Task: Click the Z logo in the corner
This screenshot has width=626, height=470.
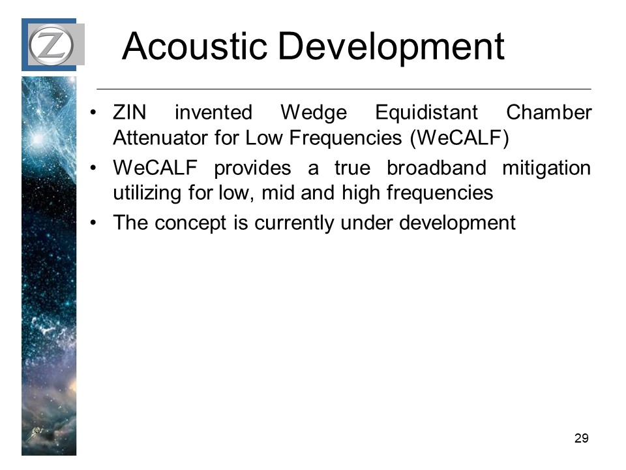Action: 52,44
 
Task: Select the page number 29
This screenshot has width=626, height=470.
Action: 581,438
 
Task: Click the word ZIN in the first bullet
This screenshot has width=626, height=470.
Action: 129,112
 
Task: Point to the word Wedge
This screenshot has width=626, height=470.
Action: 314,113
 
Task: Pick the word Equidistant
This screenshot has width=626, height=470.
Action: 426,113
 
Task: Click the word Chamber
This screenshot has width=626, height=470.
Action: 549,112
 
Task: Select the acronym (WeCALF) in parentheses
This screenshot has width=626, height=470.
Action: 460,138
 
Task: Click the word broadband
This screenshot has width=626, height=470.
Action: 436,168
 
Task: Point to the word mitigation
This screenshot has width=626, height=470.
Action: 546,168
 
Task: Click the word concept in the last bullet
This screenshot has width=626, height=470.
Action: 190,223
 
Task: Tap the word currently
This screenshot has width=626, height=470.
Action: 295,223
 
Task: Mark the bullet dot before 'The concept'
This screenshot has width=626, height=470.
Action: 93,223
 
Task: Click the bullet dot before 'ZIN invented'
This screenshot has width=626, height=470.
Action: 93,112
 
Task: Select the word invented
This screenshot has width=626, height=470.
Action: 214,112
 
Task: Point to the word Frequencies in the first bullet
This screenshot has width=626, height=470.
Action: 346,138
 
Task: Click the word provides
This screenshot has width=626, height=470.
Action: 252,168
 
